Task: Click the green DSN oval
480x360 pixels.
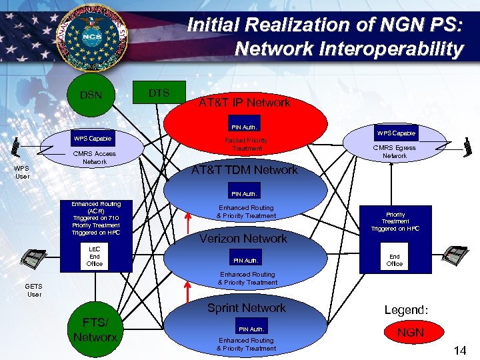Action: [91, 95]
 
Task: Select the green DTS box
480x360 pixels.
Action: [159, 93]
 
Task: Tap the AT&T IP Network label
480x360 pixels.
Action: [245, 103]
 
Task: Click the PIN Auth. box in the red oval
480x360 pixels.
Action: [244, 127]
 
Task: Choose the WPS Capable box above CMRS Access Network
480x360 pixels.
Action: [93, 139]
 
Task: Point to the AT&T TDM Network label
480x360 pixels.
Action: [244, 170]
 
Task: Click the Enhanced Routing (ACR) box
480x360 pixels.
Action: [96, 219]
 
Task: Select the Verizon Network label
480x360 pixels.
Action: [244, 239]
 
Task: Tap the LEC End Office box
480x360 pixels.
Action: [95, 257]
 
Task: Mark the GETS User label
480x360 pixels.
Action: [33, 290]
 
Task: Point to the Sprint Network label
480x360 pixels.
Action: [246, 308]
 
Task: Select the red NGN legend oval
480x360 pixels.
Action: [411, 332]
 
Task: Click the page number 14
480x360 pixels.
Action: [459, 349]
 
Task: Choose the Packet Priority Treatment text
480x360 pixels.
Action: [246, 144]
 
